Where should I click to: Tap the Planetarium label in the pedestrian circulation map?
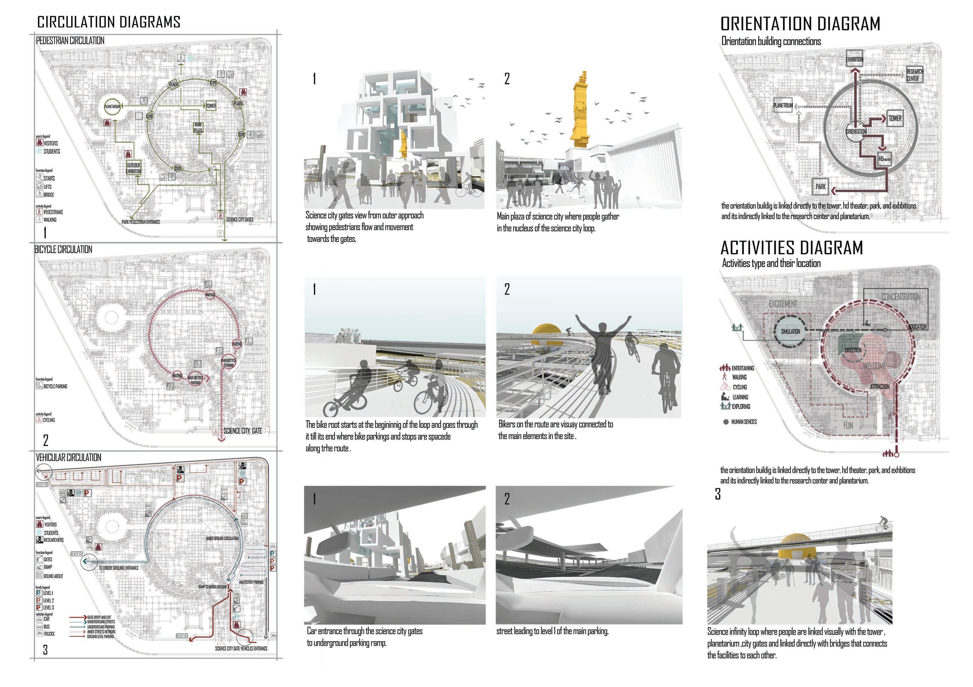click(x=112, y=106)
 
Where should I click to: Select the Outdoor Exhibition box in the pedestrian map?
click(x=133, y=168)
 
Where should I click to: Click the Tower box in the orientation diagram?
click(x=895, y=119)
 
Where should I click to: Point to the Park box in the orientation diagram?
click(x=820, y=186)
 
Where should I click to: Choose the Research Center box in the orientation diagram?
click(x=914, y=75)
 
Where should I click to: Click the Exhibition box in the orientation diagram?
click(x=854, y=59)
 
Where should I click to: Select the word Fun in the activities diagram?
click(x=848, y=425)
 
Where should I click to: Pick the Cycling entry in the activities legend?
click(x=740, y=387)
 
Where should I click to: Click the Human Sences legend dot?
click(x=726, y=422)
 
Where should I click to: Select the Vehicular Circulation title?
click(x=69, y=458)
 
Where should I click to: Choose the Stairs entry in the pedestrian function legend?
click(x=49, y=178)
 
